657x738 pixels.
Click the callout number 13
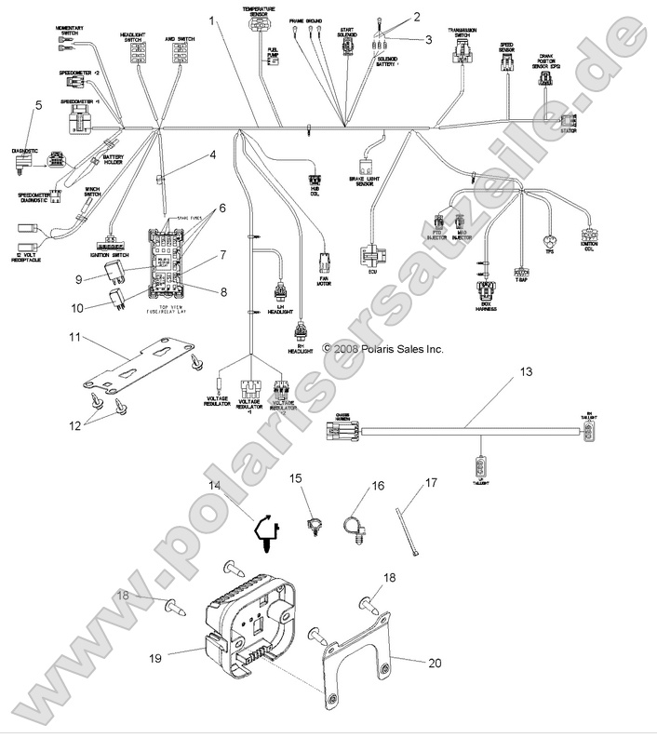click(526, 371)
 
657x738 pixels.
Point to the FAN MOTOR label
click(324, 278)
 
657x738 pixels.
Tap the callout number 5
click(38, 105)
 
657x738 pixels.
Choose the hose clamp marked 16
click(355, 532)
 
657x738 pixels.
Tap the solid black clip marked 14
click(268, 533)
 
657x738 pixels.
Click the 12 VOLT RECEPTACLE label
click(34, 257)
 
